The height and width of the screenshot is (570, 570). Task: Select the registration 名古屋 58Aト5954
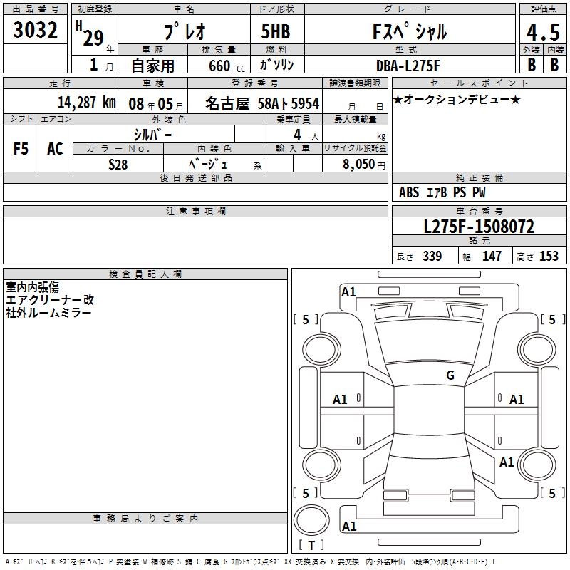click(x=262, y=103)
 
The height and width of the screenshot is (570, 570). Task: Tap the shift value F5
click(x=21, y=149)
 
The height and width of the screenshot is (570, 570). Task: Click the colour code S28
click(x=118, y=164)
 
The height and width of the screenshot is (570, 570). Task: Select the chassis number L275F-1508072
click(x=479, y=227)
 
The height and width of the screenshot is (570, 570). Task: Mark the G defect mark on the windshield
click(x=450, y=375)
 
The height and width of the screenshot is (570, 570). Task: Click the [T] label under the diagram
click(x=311, y=545)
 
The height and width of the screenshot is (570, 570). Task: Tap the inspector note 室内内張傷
click(x=32, y=287)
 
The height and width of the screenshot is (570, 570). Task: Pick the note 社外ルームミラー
click(x=48, y=313)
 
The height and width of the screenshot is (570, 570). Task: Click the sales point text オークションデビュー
click(x=457, y=99)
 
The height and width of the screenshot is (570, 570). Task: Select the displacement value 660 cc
click(x=219, y=66)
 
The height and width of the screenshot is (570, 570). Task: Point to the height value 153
click(x=549, y=256)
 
